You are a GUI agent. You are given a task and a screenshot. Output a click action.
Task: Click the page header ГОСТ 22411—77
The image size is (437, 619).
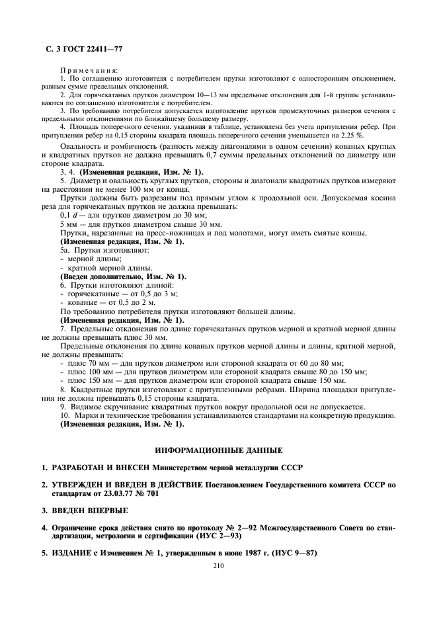[89, 48]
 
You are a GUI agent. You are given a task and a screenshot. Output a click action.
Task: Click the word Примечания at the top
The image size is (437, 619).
[89, 69]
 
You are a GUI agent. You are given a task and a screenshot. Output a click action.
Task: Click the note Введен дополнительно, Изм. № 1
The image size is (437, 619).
[123, 276]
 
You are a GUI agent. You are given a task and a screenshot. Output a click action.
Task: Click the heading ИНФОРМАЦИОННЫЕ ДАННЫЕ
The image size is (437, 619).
[218, 450]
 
